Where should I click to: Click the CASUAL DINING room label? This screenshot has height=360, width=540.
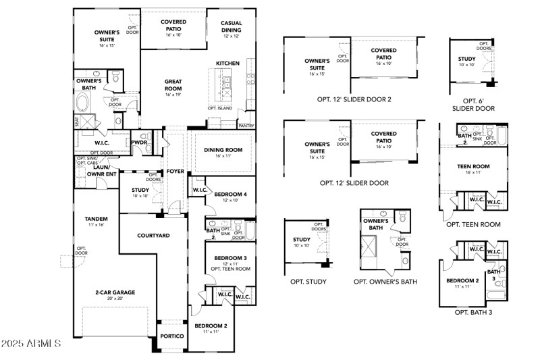232,26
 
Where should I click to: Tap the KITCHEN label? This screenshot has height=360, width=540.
228,63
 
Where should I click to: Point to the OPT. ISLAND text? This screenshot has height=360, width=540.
221,108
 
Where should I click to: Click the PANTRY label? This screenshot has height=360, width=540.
246,126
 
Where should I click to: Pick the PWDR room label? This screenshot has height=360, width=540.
140,143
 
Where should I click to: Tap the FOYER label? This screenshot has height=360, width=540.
175,171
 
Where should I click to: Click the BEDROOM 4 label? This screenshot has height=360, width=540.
232,197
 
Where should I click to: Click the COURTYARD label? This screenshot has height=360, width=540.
153,235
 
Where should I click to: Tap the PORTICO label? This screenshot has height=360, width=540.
172,336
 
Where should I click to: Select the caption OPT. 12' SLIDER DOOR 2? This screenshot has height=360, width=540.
354,99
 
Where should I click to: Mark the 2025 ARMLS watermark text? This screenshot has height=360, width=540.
31,344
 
